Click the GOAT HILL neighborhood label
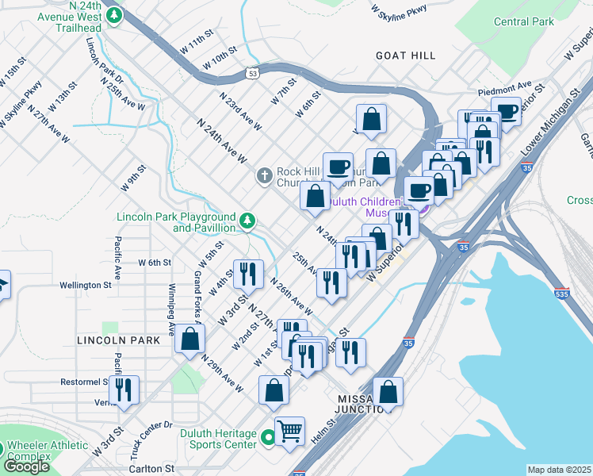(x=406, y=56)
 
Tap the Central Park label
(x=523, y=21)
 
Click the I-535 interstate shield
(x=561, y=293)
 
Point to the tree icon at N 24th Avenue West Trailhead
(x=114, y=15)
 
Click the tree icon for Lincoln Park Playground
(x=248, y=220)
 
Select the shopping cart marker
(x=289, y=431)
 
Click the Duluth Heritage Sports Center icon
(x=268, y=436)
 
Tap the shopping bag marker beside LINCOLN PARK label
(x=189, y=338)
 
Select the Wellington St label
(x=85, y=285)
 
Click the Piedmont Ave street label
(x=504, y=86)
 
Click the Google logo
(x=26, y=466)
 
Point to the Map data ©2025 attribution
(x=559, y=470)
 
